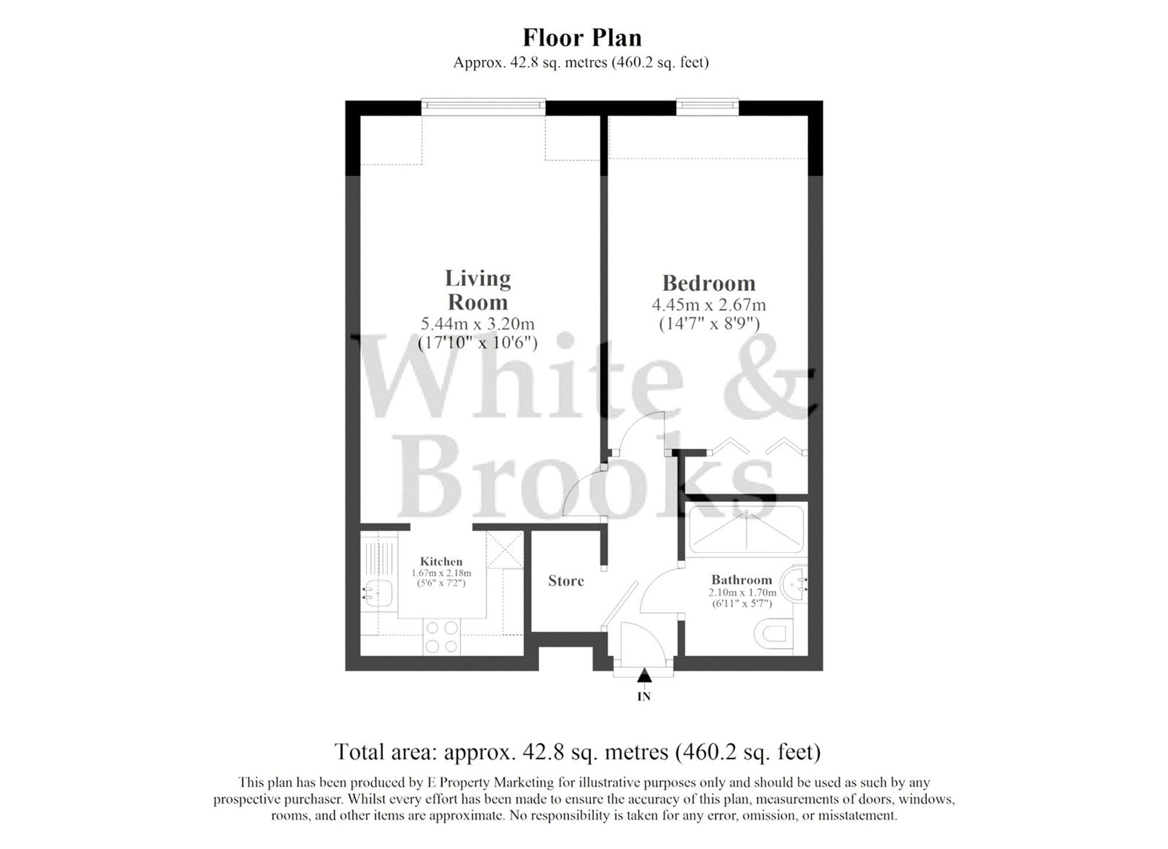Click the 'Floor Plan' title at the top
(582, 38)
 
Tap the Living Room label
(478, 290)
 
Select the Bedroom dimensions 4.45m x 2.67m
(708, 305)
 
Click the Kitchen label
(441, 562)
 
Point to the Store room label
(566, 581)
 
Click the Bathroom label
(741, 580)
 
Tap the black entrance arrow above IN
(644, 676)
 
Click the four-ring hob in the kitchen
(442, 637)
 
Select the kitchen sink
(378, 594)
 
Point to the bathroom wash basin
(796, 580)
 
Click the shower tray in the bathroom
(746, 529)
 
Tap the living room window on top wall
(483, 105)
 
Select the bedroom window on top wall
(707, 105)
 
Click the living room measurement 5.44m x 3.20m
(478, 323)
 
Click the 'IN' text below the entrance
(644, 697)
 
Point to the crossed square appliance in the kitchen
(505, 549)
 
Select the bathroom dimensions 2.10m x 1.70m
(742, 593)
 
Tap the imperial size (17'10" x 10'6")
(478, 343)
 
